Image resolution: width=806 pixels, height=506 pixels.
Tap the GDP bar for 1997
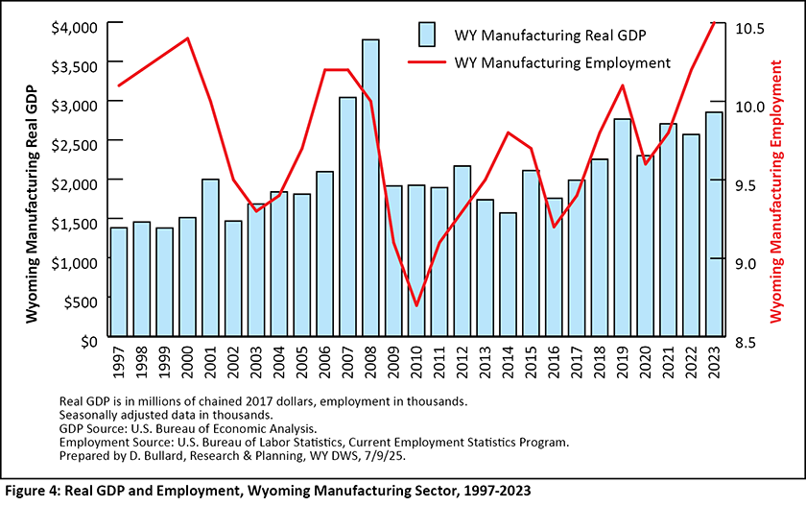tap(119, 284)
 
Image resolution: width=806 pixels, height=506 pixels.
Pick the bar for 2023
tap(713, 227)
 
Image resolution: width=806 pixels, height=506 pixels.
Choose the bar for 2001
tap(210, 260)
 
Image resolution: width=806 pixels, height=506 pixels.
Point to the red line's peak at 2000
tap(188, 38)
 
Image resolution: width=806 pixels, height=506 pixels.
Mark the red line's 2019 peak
tap(623, 85)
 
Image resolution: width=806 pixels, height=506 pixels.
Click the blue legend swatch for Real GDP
tap(428, 35)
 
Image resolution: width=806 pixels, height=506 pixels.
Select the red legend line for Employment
tap(428, 63)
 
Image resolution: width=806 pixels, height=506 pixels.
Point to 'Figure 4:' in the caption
tap(36, 491)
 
